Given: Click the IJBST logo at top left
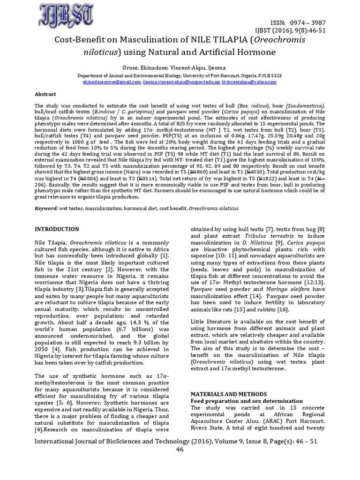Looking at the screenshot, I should point(65,16).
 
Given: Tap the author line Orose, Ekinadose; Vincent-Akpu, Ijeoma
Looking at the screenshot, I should point(180,67).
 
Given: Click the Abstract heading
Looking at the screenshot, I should point(45,94).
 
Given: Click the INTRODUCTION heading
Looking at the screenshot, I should point(57,229).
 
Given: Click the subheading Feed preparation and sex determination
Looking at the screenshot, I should point(247,401).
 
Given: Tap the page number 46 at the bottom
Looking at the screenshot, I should point(180,450).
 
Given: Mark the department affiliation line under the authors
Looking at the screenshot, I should point(180,75).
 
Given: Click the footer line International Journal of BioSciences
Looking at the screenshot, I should point(180,441).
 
